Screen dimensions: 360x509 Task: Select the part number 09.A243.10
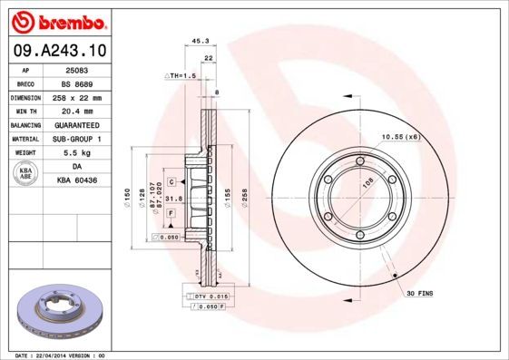coord(59,50)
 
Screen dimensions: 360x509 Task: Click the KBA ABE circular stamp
coord(24,174)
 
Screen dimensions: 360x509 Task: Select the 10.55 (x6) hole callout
coord(400,136)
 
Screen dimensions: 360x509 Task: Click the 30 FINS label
coord(420,294)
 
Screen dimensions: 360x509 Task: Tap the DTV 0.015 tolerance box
coord(208,297)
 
